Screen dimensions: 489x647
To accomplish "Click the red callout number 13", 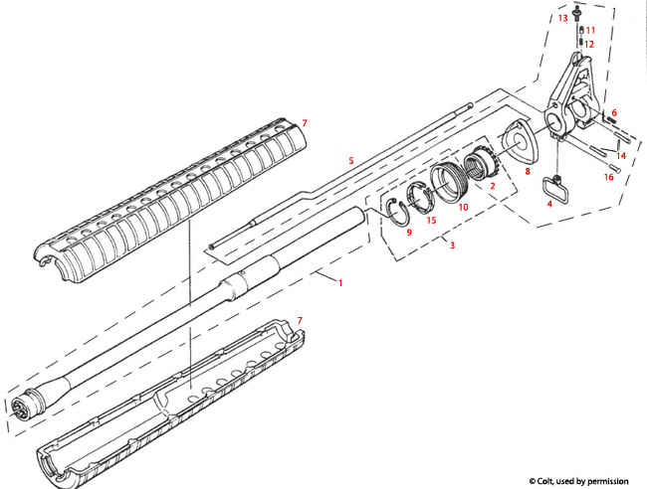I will coord(562,18).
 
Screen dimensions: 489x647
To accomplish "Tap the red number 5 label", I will coord(350,160).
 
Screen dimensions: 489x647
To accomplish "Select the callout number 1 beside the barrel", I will coord(340,282).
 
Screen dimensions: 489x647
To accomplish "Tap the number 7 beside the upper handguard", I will coord(305,122).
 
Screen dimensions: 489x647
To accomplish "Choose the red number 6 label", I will coord(614,112).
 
